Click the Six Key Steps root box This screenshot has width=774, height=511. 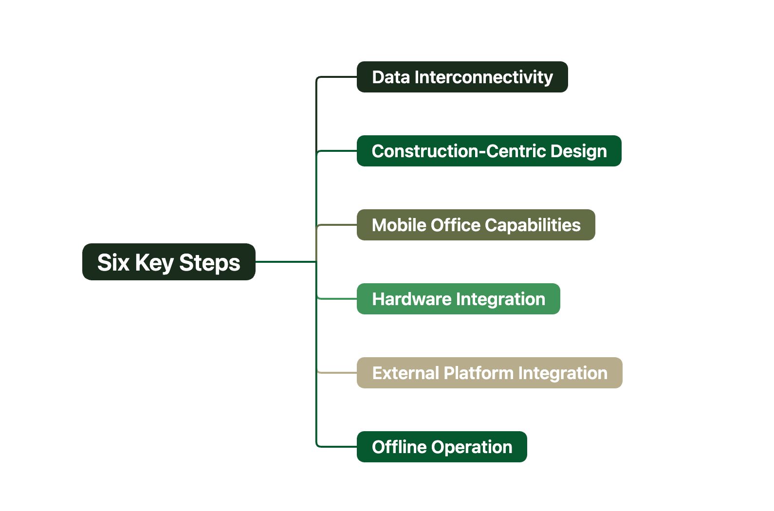coord(168,261)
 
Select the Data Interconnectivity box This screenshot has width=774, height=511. coord(462,77)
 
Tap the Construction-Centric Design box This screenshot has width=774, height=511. coord(489,151)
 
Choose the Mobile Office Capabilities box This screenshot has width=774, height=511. coord(476,224)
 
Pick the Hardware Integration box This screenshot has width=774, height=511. coord(458,298)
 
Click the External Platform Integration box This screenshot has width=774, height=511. coord(489,372)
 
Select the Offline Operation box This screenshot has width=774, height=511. coord(442,446)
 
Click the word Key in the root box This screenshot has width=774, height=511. coord(154,263)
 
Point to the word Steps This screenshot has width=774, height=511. coord(209,263)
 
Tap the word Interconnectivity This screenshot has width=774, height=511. coord(483,77)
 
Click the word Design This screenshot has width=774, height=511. coord(578,151)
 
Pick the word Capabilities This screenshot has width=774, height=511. coord(533,225)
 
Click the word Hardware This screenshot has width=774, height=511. coord(411,299)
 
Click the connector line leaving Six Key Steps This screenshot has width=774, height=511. coord(286,261)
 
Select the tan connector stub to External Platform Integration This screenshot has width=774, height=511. coord(337,372)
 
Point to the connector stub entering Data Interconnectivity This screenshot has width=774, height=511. coord(336,77)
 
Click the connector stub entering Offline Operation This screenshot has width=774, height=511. coord(336,446)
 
